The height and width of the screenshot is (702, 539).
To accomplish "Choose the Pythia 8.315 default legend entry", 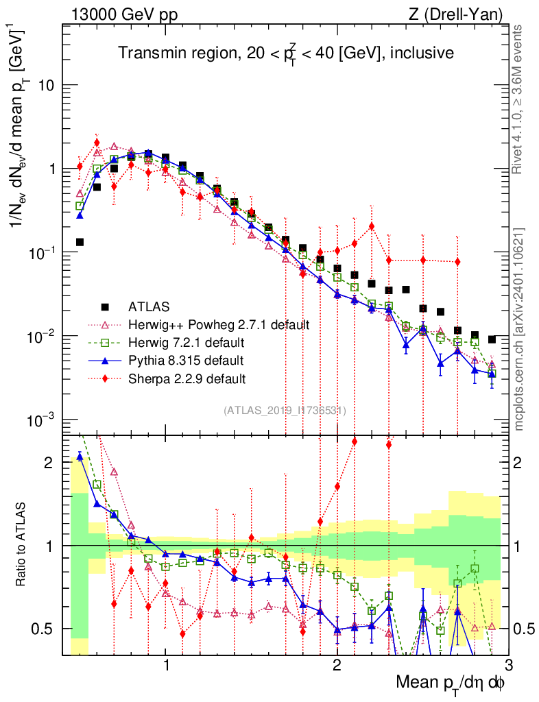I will coord(187,360).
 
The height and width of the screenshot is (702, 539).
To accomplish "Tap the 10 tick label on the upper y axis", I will coord(46,86).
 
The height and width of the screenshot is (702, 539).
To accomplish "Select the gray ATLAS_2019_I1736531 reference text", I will coord(285,411).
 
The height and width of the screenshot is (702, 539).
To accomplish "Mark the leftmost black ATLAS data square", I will coord(80,242).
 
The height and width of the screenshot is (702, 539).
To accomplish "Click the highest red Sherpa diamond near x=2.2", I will coord(372,226).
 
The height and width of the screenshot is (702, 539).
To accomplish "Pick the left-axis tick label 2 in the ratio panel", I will coord(49,463).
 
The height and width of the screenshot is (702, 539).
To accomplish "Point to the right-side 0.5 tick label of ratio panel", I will coord(524,629).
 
